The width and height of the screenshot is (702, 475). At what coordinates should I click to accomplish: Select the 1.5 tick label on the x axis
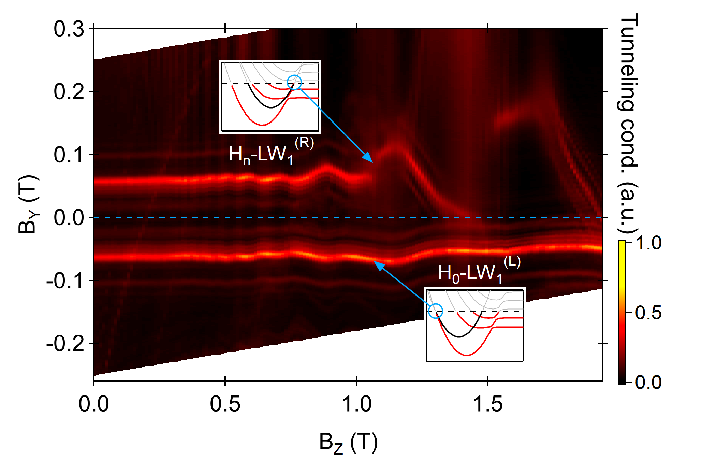point(487,404)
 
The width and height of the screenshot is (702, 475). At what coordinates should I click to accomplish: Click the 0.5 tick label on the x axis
point(225,404)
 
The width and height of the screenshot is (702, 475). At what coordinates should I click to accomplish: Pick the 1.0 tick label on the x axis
point(356,404)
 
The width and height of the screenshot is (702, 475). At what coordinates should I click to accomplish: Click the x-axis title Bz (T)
point(348,443)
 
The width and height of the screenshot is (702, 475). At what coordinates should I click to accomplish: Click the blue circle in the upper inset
point(294,82)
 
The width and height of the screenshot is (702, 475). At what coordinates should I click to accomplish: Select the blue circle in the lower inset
point(435,311)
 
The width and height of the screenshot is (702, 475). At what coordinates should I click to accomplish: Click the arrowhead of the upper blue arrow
point(369,158)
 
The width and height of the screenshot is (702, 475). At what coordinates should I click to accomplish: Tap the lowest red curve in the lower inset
point(467,355)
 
